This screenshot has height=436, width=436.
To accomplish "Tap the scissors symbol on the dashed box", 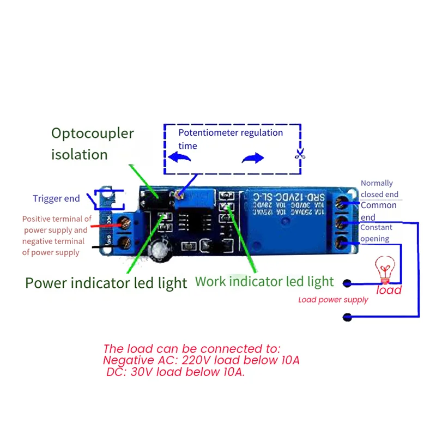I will pyautogui.click(x=299, y=154).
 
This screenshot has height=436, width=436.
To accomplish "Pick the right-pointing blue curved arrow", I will pyautogui.click(x=252, y=158).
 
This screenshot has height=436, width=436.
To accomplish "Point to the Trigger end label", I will pyautogui.click(x=56, y=198).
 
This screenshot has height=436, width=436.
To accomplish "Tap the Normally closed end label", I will pyautogui.click(x=379, y=189).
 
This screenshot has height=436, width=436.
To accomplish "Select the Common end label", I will pyautogui.click(x=378, y=211).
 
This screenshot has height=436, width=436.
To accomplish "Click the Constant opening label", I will pyautogui.click(x=376, y=233).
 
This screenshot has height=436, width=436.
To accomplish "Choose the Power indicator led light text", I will pyautogui.click(x=106, y=283).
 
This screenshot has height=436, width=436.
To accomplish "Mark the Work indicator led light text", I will pyautogui.click(x=264, y=281).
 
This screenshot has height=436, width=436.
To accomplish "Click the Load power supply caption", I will pyautogui.click(x=333, y=300).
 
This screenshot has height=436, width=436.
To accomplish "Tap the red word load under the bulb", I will pyautogui.click(x=389, y=290).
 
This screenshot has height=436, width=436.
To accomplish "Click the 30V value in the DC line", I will pyautogui.click(x=144, y=372).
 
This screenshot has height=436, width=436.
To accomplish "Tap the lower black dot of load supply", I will pyautogui.click(x=346, y=316).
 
